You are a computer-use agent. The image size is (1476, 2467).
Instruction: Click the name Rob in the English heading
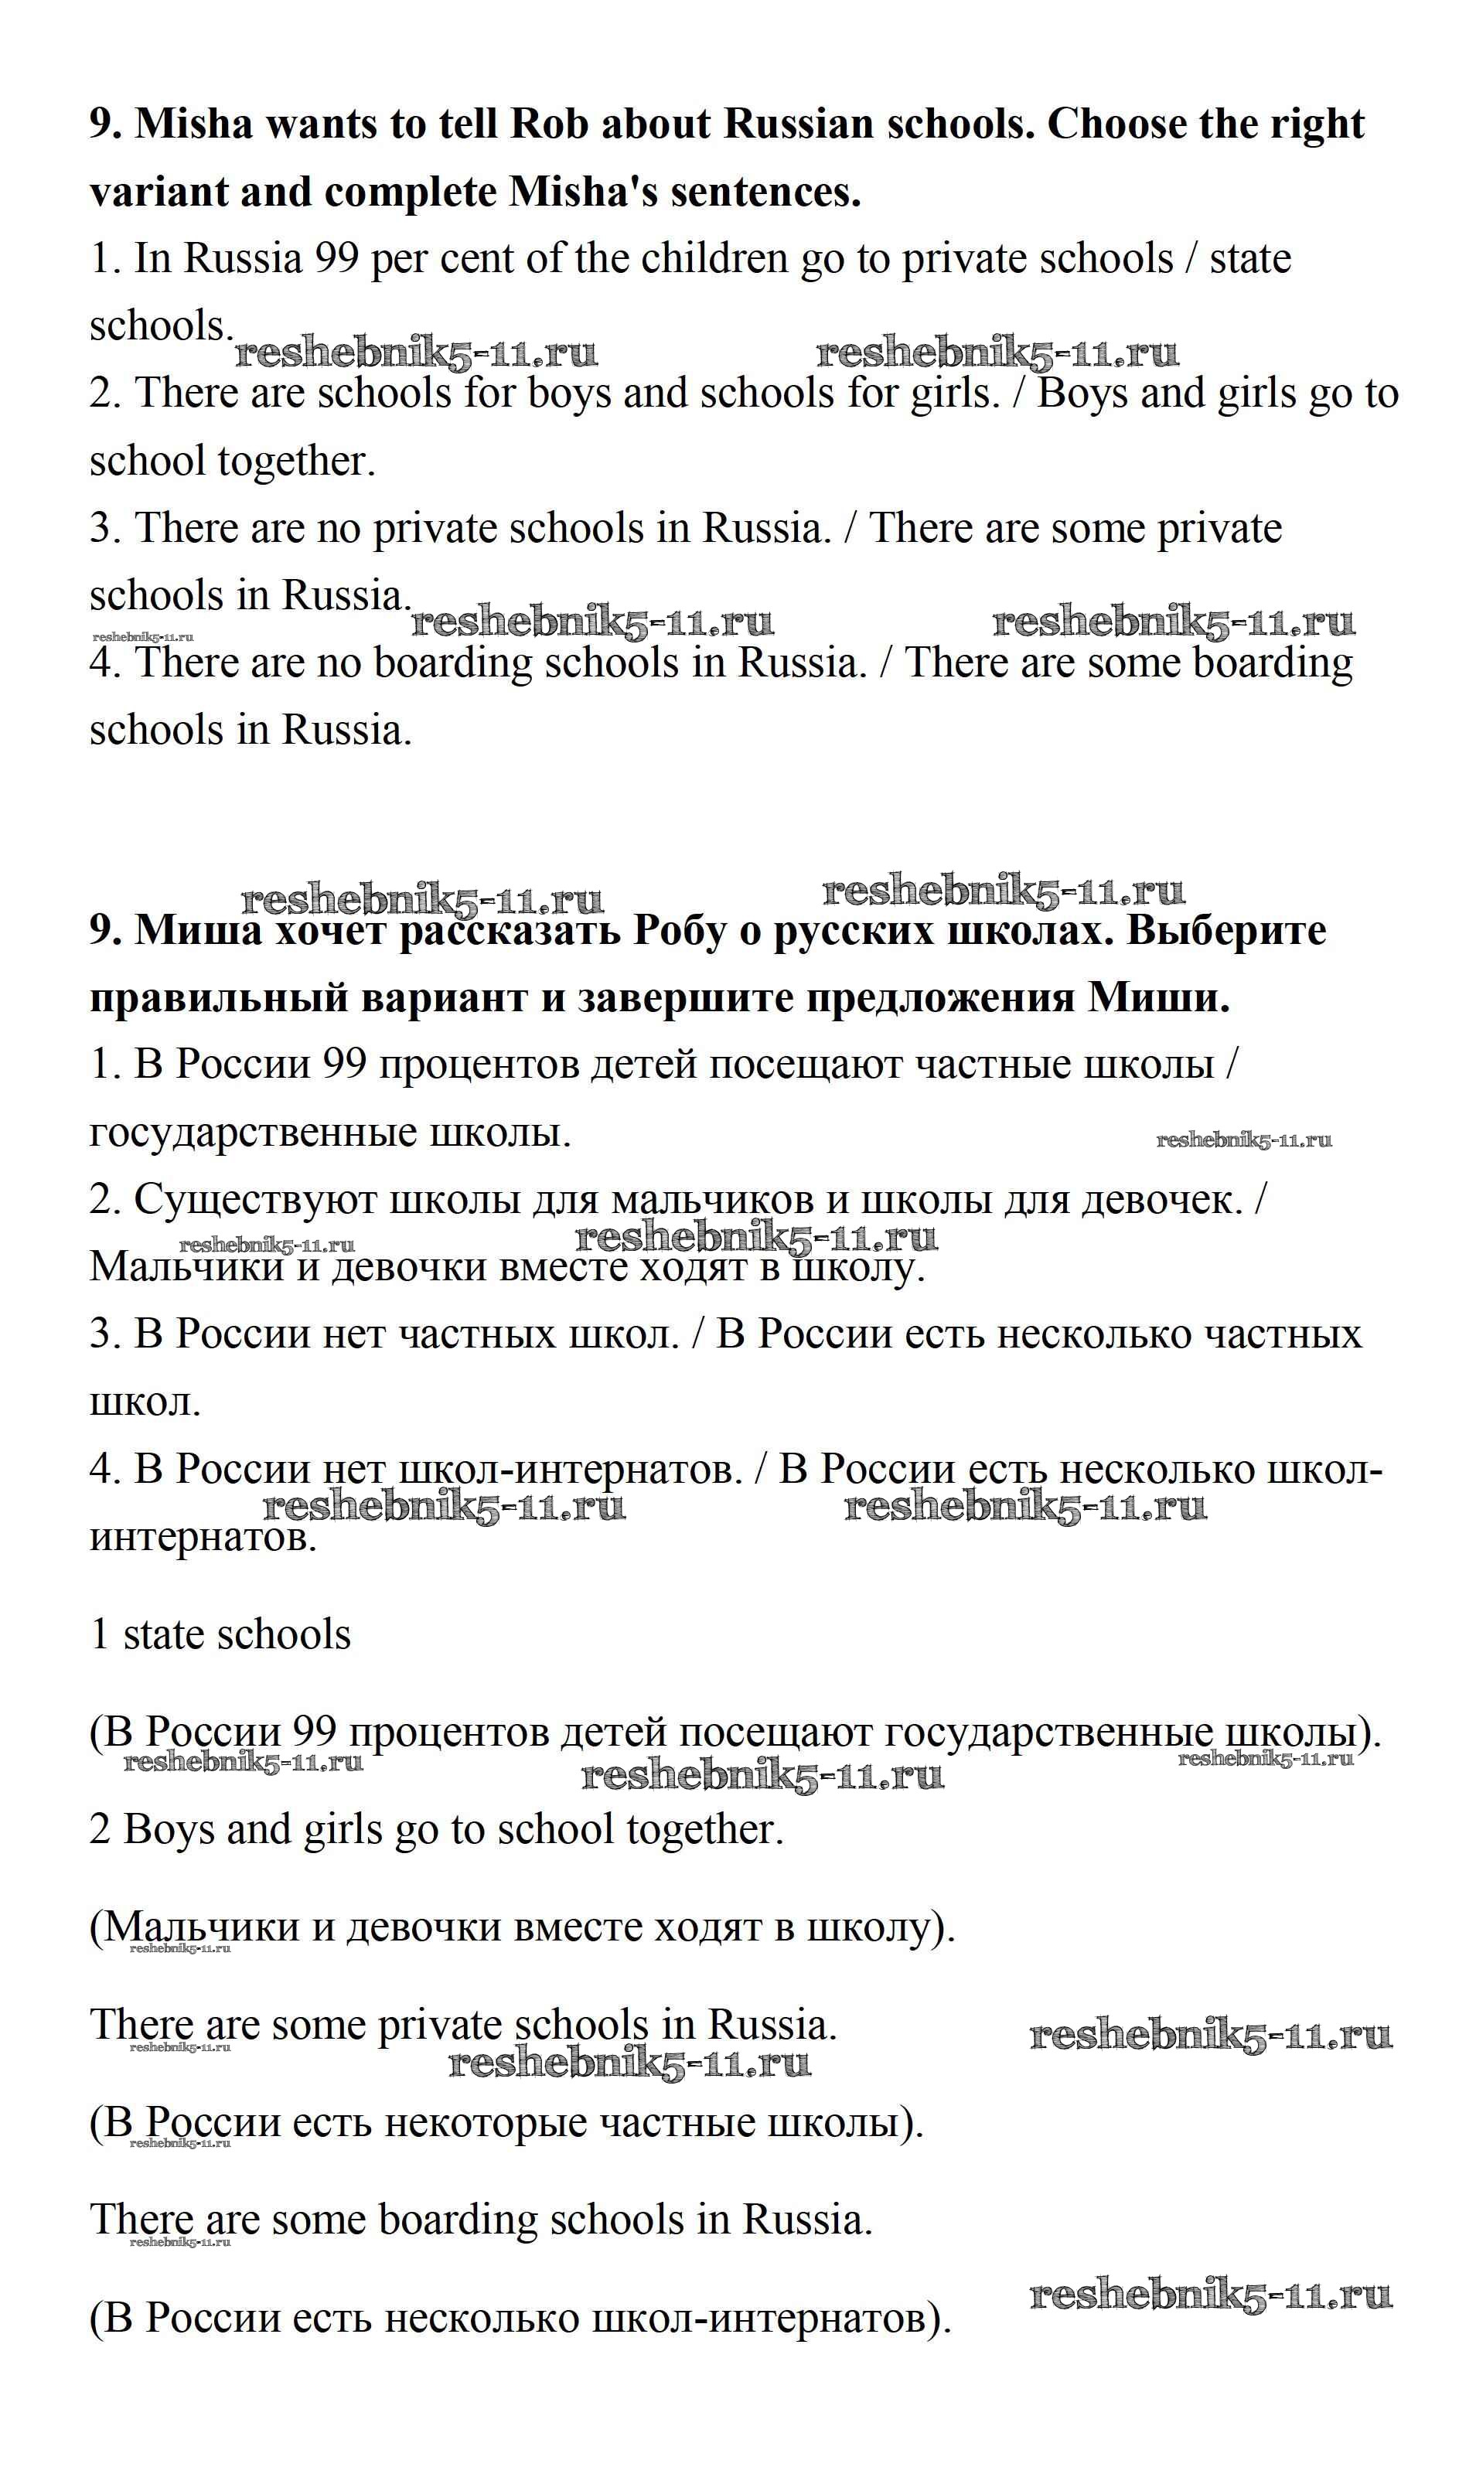point(549,124)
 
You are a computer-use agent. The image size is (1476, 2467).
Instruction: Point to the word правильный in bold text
point(218,998)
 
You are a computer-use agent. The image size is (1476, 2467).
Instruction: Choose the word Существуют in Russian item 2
point(253,1200)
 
